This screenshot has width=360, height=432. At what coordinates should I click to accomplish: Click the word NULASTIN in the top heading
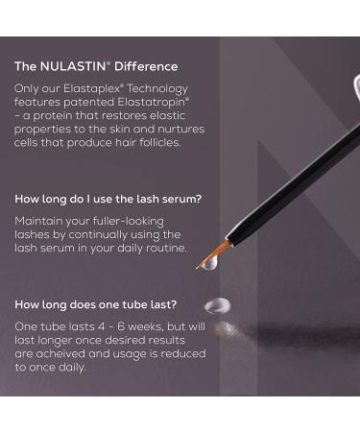75,66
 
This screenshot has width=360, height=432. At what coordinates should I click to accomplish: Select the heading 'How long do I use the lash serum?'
108,200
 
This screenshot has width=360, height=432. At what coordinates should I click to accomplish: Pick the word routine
164,248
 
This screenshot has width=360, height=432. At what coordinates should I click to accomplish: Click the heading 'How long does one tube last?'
96,304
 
